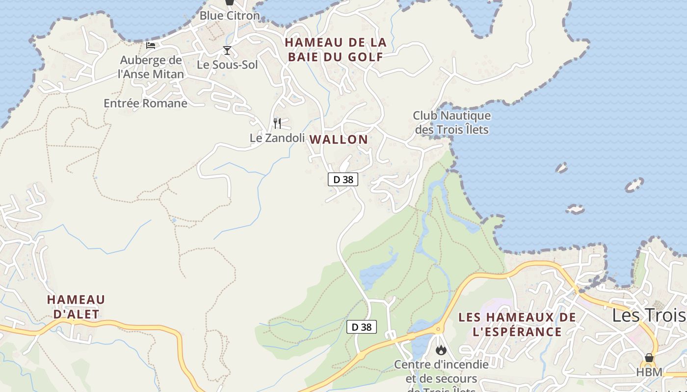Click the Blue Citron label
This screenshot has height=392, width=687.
coord(229,16)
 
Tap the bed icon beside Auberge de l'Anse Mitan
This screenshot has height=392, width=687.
coord(151,46)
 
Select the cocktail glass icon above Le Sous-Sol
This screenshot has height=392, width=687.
coord(227,50)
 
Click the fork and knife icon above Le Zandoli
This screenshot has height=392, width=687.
coord(277,123)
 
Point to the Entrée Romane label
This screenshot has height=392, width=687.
coord(145,103)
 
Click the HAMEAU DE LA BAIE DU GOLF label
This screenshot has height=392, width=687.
coord(336,49)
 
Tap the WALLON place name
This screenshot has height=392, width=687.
coord(339,140)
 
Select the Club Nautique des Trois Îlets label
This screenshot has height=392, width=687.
coord(452,122)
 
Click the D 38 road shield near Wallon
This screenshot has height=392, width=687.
coord(343,179)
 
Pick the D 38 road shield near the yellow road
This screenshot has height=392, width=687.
coord(362,327)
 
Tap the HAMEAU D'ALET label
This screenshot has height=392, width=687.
coord(76,307)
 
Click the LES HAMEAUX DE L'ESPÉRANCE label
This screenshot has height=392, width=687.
coord(517,324)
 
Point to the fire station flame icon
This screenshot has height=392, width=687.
coord(441,350)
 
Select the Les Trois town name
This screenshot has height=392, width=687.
coord(648,316)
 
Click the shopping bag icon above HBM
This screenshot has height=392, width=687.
coord(649,358)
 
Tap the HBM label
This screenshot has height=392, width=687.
coord(649,372)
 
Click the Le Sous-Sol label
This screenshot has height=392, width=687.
coord(227,65)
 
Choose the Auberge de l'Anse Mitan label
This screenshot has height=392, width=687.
coord(151,67)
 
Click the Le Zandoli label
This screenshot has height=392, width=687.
coord(277,138)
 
